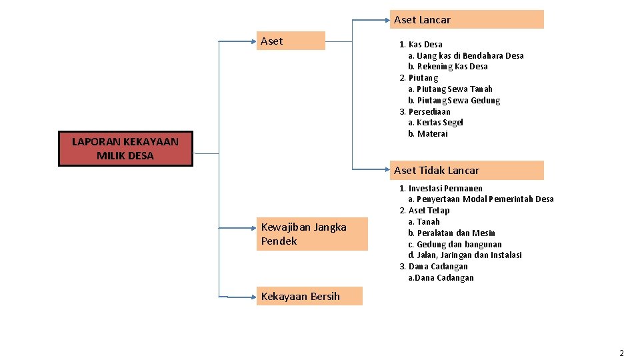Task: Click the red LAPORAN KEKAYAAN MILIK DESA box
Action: click(125, 149)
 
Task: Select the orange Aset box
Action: click(291, 41)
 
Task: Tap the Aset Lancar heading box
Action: click(467, 19)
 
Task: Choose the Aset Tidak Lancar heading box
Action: click(467, 170)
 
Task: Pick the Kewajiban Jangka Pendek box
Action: click(312, 234)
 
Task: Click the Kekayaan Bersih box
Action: click(309, 296)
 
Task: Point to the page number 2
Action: click(621, 353)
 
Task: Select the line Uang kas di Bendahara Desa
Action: click(466, 55)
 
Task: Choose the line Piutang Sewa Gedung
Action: click(454, 100)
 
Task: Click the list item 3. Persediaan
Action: click(425, 111)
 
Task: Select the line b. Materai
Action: click(428, 133)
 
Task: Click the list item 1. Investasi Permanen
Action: click(441, 188)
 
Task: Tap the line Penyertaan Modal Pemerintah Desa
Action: click(481, 199)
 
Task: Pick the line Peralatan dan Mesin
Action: click(451, 233)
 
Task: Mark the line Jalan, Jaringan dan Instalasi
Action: click(465, 255)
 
